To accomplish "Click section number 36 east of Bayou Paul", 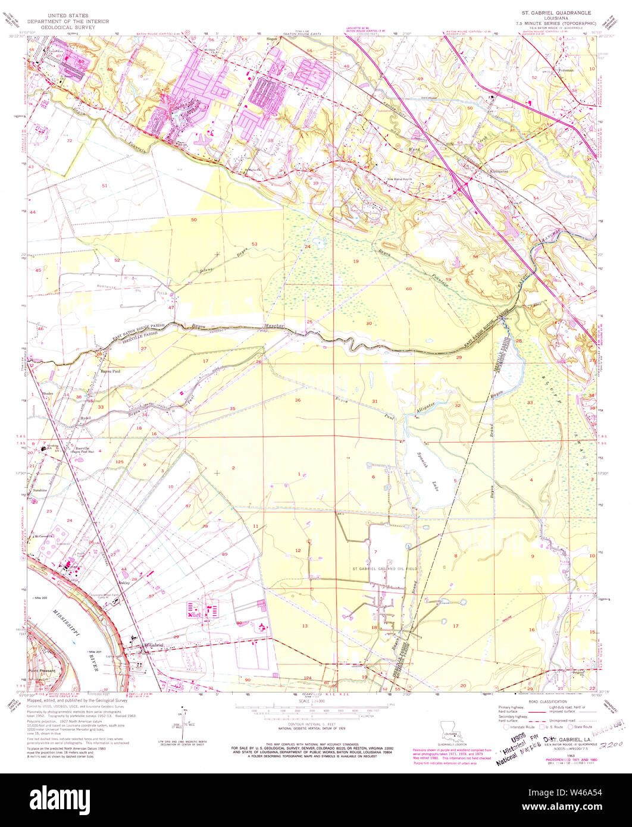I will click(x=298, y=400).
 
